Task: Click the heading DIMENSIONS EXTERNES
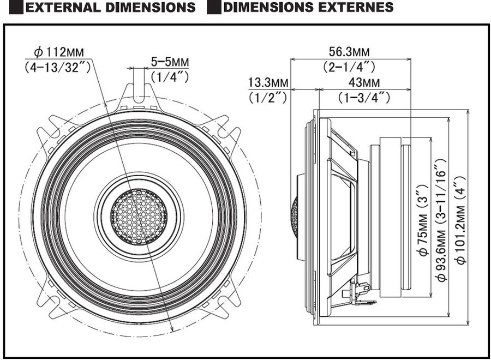pos(308,7)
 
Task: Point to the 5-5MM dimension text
pos(169,62)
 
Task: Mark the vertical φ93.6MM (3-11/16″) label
pos(441,221)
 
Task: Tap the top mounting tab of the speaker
pos(140,92)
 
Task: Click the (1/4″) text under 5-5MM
pos(170,77)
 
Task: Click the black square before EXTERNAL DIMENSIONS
pos(16,7)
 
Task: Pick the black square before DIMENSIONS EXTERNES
pos(214,7)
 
